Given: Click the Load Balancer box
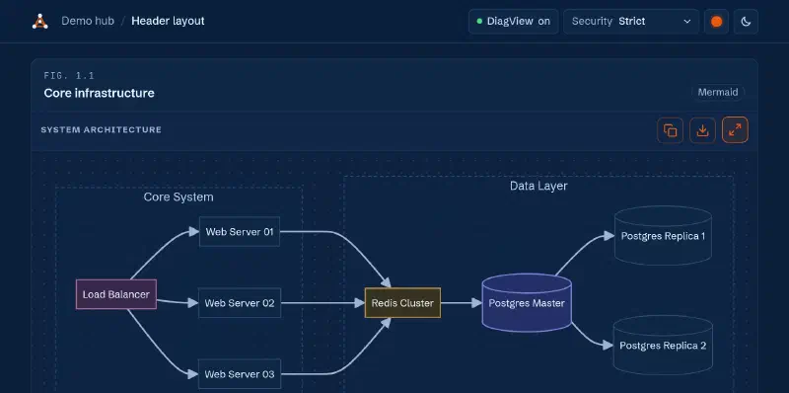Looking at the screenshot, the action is pyautogui.click(x=116, y=294).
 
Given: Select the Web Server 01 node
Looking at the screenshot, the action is pyautogui.click(x=240, y=232).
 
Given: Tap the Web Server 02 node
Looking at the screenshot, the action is pyautogui.click(x=240, y=303).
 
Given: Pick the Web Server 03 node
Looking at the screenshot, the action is pyautogui.click(x=240, y=374).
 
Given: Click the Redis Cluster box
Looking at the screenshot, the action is pyautogui.click(x=402, y=303).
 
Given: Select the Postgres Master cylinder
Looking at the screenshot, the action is pyautogui.click(x=527, y=303).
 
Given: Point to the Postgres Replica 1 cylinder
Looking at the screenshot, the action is pyautogui.click(x=663, y=236).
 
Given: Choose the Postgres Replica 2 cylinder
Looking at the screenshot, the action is pyautogui.click(x=663, y=346).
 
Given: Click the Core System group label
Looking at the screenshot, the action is pyautogui.click(x=179, y=197).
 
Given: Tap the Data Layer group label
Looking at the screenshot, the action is pyautogui.click(x=538, y=186).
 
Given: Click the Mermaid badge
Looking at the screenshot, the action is pyautogui.click(x=718, y=92).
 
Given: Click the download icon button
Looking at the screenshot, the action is pyautogui.click(x=702, y=130).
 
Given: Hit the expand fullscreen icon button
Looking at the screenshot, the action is pyautogui.click(x=735, y=130).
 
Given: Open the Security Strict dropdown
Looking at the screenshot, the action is pyautogui.click(x=631, y=21).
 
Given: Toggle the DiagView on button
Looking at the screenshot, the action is pyautogui.click(x=513, y=21).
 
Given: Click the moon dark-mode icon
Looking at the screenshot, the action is pyautogui.click(x=747, y=22).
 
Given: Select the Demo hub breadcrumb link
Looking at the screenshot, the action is pyautogui.click(x=88, y=21).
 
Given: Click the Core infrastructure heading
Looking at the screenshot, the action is pyautogui.click(x=100, y=93).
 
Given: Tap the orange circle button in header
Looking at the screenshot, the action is pyautogui.click(x=717, y=22).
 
